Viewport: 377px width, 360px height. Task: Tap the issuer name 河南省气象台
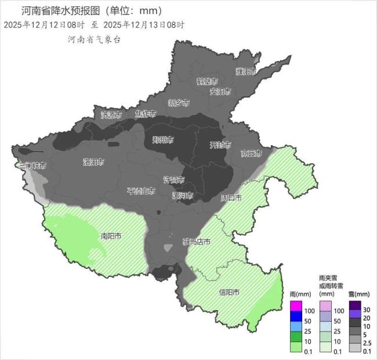pos(95,39)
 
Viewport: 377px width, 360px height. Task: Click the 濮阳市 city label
pos(246,71)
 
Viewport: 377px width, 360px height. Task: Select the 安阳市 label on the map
pos(220,92)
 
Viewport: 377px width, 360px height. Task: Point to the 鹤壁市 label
pos(207,81)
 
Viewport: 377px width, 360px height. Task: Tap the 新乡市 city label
pos(179,103)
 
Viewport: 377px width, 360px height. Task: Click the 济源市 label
pos(111,115)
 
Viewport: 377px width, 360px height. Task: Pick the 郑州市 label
pos(163,139)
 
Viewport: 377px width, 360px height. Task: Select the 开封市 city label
pos(220,145)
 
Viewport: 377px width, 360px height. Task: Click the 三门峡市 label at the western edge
pos(32,165)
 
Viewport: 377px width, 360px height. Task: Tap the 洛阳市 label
pos(93,162)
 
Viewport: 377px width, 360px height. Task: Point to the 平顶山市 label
pos(141,190)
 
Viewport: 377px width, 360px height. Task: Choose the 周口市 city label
pos(231,198)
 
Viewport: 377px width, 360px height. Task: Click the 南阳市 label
pos(111,236)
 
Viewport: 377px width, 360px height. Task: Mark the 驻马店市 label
pos(197,242)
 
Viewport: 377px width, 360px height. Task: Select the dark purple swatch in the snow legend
pos(355,306)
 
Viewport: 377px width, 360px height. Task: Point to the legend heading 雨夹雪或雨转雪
pos(331,282)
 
